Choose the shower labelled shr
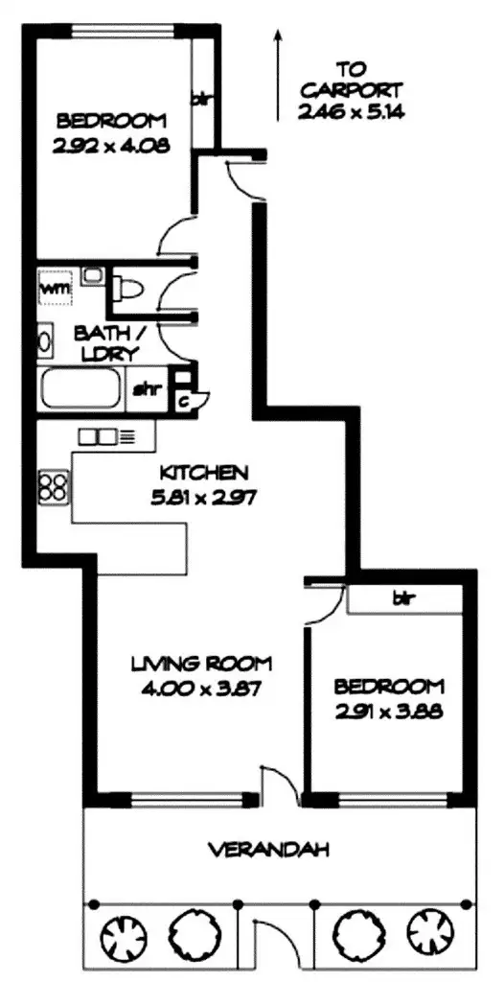click(x=145, y=389)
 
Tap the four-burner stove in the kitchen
click(x=53, y=486)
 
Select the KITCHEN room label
click(x=204, y=473)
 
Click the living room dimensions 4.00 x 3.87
click(x=202, y=688)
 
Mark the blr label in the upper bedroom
click(x=202, y=99)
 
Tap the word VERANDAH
click(x=270, y=850)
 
